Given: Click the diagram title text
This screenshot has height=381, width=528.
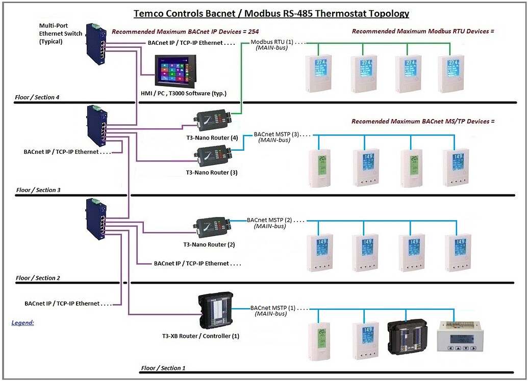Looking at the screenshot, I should [271, 14].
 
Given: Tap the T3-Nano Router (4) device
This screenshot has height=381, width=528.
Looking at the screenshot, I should [212, 119].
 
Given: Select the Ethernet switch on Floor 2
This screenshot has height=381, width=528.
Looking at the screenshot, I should [95, 218].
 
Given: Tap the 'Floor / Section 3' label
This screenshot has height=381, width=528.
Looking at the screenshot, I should [38, 190].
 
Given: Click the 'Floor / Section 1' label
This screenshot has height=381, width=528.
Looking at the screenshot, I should [163, 368].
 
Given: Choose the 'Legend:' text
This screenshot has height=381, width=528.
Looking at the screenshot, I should [22, 322].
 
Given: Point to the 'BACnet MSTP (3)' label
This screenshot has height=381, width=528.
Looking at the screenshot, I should [278, 134].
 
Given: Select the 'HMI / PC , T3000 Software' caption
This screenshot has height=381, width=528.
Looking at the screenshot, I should [183, 93].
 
